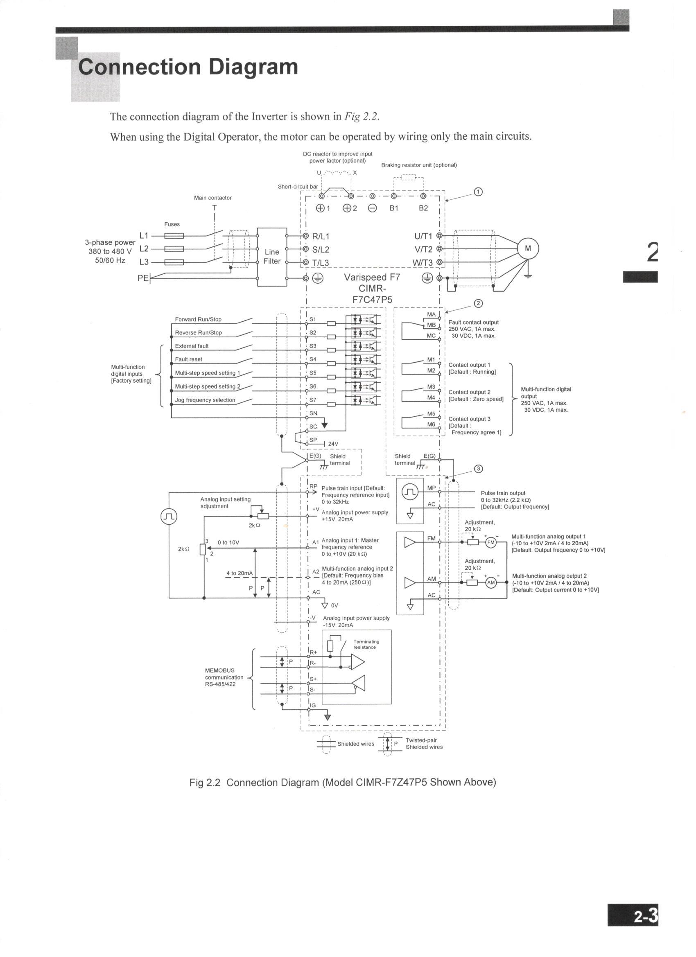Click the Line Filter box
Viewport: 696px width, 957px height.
click(272, 257)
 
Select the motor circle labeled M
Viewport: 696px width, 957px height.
click(528, 248)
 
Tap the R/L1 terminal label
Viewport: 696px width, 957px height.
click(320, 236)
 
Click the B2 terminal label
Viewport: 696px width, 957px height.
click(423, 208)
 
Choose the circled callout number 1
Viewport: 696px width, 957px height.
click(478, 192)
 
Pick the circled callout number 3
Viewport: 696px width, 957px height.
click(478, 469)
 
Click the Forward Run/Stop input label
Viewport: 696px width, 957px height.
click(198, 319)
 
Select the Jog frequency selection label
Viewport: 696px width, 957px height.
click(205, 400)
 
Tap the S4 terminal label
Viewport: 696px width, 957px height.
click(313, 359)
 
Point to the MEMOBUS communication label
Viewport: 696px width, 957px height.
click(224, 677)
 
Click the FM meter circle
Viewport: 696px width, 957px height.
click(491, 543)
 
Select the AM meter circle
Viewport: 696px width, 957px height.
click(491, 583)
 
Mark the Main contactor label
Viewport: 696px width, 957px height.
click(213, 197)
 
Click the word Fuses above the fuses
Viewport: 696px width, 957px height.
click(172, 224)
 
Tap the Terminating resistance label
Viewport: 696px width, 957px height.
click(366, 644)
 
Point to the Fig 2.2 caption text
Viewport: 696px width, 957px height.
click(342, 782)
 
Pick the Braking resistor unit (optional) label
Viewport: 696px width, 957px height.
click(419, 165)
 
